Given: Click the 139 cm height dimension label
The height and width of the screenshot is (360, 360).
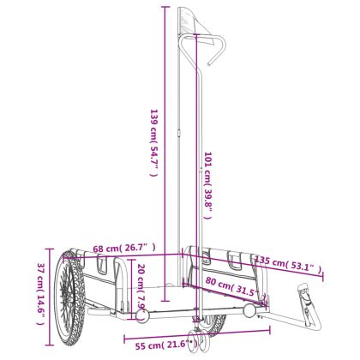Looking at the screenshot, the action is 154,142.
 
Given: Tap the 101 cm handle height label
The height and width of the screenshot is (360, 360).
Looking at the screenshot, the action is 207,185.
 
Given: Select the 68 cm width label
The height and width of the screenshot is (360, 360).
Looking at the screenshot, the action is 124,248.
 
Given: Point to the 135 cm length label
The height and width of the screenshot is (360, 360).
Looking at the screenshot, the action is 288,263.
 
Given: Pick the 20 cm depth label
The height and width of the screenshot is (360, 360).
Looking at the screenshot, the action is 142,286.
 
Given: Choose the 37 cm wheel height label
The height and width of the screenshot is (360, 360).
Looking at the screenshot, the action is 41,294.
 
